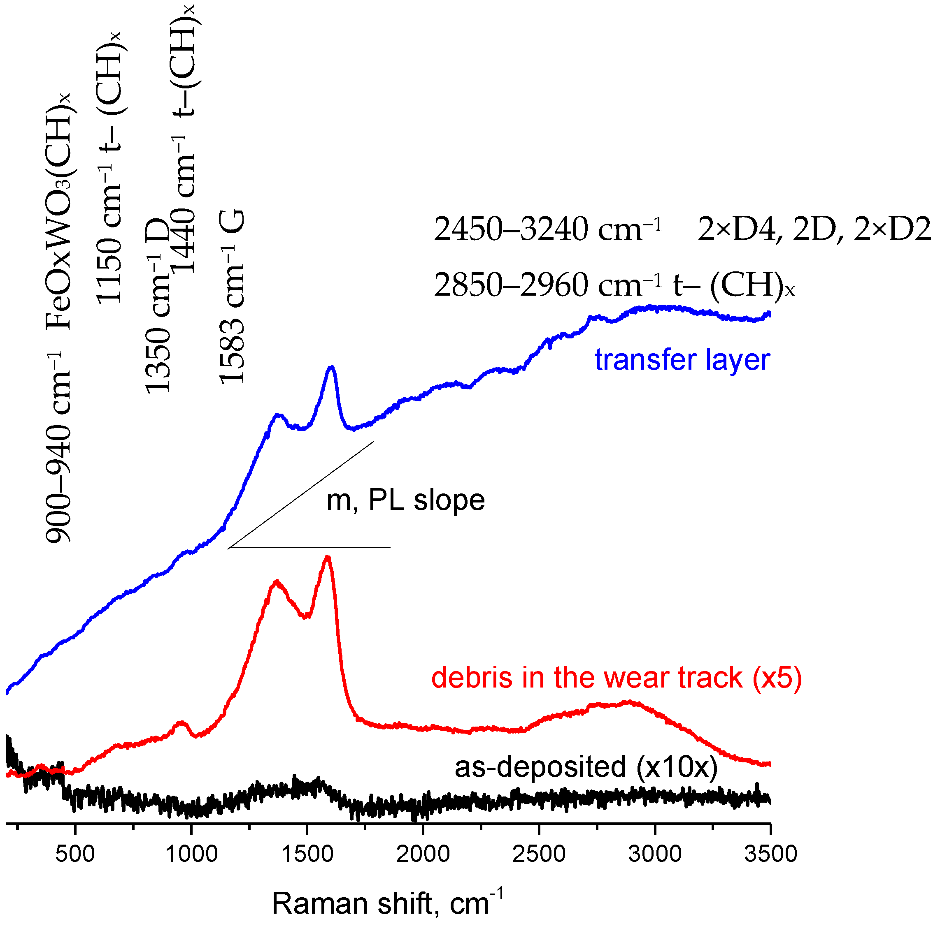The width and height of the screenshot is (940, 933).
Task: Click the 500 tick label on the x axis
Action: (75, 854)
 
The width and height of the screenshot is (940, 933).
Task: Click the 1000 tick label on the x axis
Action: (191, 854)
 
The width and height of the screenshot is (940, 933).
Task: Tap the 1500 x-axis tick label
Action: (307, 854)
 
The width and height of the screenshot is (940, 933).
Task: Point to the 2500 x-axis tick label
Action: (539, 854)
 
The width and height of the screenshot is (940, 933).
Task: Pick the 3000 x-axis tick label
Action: (655, 854)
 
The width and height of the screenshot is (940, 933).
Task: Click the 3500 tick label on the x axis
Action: (771, 854)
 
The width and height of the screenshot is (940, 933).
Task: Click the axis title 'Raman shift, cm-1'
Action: (387, 903)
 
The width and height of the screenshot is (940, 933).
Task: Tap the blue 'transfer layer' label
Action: (682, 360)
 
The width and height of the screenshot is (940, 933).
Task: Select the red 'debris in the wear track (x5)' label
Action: (617, 678)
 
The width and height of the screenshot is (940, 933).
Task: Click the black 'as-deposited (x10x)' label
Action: (586, 767)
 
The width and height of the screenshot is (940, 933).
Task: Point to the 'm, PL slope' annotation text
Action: (405, 500)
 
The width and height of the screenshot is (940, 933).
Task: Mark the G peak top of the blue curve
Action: (332, 368)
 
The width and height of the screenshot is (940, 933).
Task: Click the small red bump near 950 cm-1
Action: (182, 723)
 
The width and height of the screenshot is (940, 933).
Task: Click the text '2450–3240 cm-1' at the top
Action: (548, 229)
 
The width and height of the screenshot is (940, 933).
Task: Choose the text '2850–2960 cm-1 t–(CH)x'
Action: (614, 285)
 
